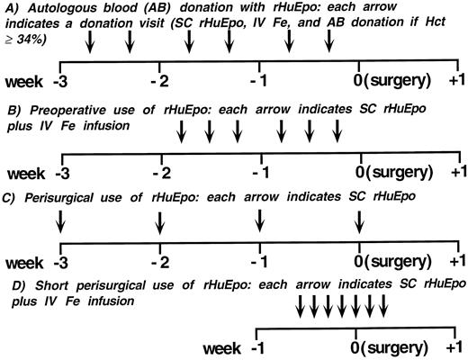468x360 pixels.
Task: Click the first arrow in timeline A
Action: [92, 43]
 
